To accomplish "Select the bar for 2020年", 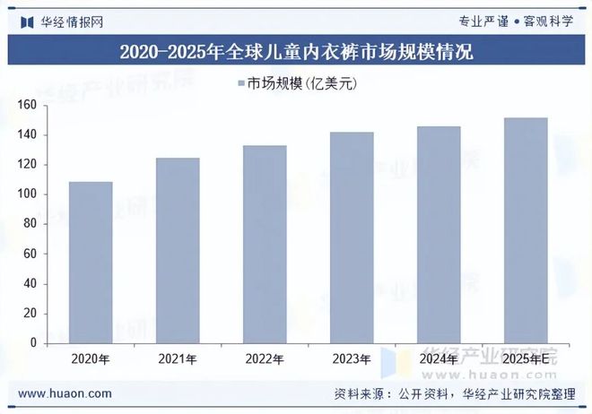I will [91, 263].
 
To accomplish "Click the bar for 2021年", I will [178, 251].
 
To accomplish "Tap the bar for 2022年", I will [265, 245].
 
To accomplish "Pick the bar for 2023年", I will [352, 237].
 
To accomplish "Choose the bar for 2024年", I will [439, 235].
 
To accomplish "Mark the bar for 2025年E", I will [526, 230].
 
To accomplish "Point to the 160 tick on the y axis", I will [27, 106].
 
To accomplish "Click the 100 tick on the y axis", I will [27, 194].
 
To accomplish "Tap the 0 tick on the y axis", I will [33, 343].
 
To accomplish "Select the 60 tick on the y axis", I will [30, 254].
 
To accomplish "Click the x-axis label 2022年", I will [265, 359].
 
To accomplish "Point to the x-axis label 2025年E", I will [526, 359].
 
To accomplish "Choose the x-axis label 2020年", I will [91, 359].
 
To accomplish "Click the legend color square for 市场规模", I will [241, 84].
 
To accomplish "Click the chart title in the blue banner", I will [296, 52].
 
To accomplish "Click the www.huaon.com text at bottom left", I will [65, 393].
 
